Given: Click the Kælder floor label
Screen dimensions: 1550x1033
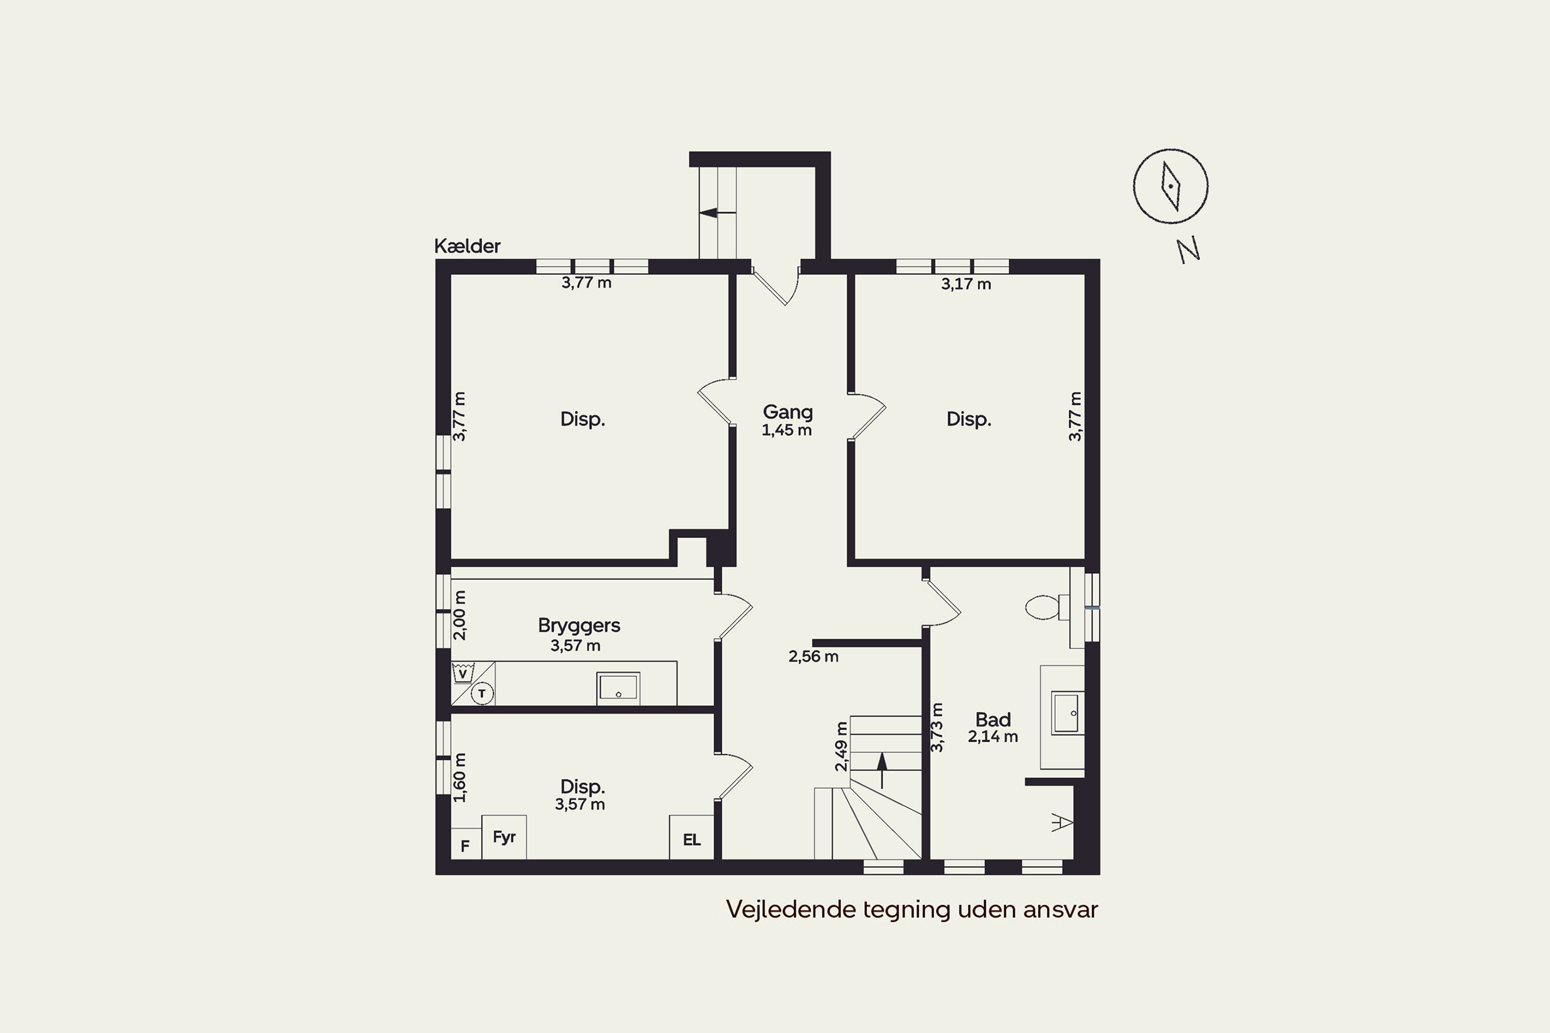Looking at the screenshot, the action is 467,246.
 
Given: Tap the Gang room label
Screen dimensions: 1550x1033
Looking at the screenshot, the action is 787,412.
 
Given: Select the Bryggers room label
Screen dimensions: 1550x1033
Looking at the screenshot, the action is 579,625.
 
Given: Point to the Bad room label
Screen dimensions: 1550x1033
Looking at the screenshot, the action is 993,719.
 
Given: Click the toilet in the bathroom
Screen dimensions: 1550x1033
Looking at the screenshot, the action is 1047,607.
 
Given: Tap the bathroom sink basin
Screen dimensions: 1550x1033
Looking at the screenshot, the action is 1067,712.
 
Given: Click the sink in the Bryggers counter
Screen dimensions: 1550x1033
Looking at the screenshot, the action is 618,688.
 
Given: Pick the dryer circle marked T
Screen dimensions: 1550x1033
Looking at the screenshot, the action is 483,694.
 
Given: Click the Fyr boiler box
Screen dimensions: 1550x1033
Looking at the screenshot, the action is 504,837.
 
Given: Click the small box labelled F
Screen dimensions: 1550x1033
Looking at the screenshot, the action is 466,844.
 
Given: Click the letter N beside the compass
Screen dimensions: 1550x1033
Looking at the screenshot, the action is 1188,251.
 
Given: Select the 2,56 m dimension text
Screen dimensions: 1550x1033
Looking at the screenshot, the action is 813,657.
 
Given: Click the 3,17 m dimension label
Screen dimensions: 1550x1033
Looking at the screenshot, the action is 966,285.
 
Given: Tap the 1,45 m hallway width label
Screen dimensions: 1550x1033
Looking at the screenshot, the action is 786,431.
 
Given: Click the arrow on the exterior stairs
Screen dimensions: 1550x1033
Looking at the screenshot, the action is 718,213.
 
